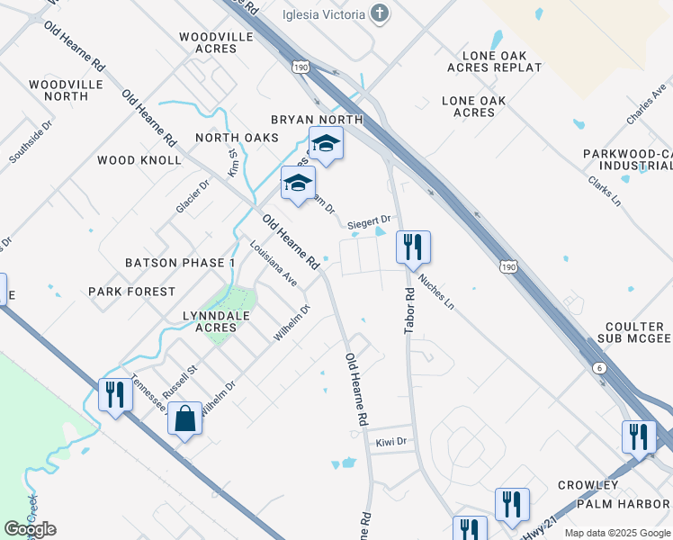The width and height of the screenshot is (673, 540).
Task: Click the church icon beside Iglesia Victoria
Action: (x=381, y=14)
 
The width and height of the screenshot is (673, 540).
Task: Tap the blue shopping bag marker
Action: (x=184, y=419)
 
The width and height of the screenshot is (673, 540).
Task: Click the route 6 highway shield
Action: (x=599, y=369)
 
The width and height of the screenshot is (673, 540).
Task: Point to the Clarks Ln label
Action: (x=605, y=188)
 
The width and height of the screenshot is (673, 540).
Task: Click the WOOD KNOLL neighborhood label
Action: (x=139, y=160)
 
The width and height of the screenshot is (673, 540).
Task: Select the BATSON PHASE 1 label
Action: (x=180, y=263)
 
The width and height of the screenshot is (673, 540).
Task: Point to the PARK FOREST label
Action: (x=132, y=292)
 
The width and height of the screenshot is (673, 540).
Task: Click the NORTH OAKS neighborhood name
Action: (x=237, y=138)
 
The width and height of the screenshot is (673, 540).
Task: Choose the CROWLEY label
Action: (x=588, y=485)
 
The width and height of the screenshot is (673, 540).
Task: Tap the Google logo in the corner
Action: (x=30, y=528)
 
